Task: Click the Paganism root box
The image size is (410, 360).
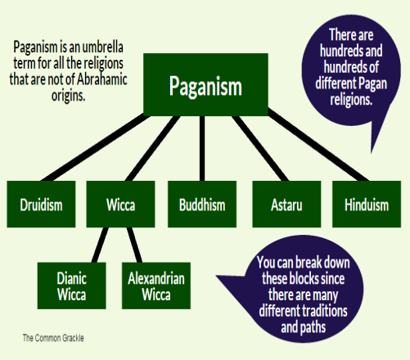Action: pyautogui.click(x=205, y=84)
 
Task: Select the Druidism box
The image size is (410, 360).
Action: pyautogui.click(x=41, y=204)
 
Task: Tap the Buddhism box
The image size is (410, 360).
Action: pyautogui.click(x=202, y=204)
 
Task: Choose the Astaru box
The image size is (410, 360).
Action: pyautogui.click(x=286, y=204)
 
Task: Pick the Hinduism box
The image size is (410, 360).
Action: pyautogui.click(x=367, y=204)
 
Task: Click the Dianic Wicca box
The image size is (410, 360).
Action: pyautogui.click(x=72, y=286)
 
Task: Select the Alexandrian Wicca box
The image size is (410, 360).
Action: pyautogui.click(x=156, y=286)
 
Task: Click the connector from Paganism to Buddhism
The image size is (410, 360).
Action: pyautogui.click(x=202, y=148)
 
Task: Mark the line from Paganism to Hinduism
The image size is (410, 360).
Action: pyautogui.click(x=318, y=145)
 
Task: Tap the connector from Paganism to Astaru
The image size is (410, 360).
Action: pyautogui.click(x=260, y=148)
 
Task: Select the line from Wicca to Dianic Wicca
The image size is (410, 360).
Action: pyautogui.click(x=100, y=245)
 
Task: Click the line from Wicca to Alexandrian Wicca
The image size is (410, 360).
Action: pyautogui.click(x=134, y=245)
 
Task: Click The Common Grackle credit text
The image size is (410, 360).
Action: pyautogui.click(x=53, y=338)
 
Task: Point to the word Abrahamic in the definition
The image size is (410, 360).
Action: pyautogui.click(x=102, y=79)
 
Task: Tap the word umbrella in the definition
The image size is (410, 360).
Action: pyautogui.click(x=102, y=47)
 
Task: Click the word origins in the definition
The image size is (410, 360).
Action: pyautogui.click(x=69, y=96)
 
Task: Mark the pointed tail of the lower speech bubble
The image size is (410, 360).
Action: pyautogui.click(x=217, y=277)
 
